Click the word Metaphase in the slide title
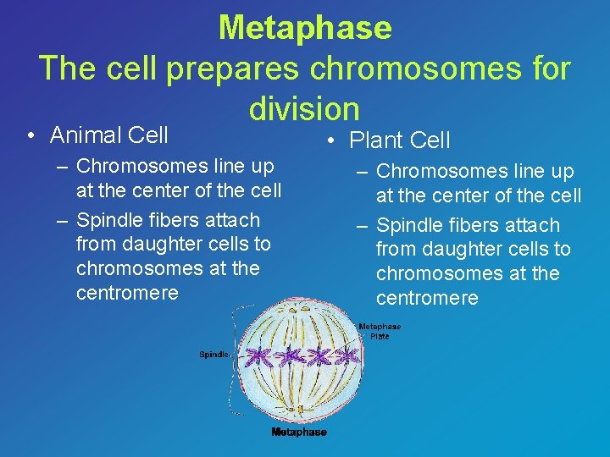pos(305,28)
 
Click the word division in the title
pos(305,107)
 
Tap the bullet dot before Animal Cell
pos(30,135)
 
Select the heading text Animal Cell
pos(109,135)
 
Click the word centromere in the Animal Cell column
pos(127,293)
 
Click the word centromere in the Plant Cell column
pos(427,298)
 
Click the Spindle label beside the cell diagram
pos(213,355)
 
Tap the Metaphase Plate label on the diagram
pos(380,331)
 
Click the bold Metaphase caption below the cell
pos(299,432)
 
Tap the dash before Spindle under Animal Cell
pos(63,220)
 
